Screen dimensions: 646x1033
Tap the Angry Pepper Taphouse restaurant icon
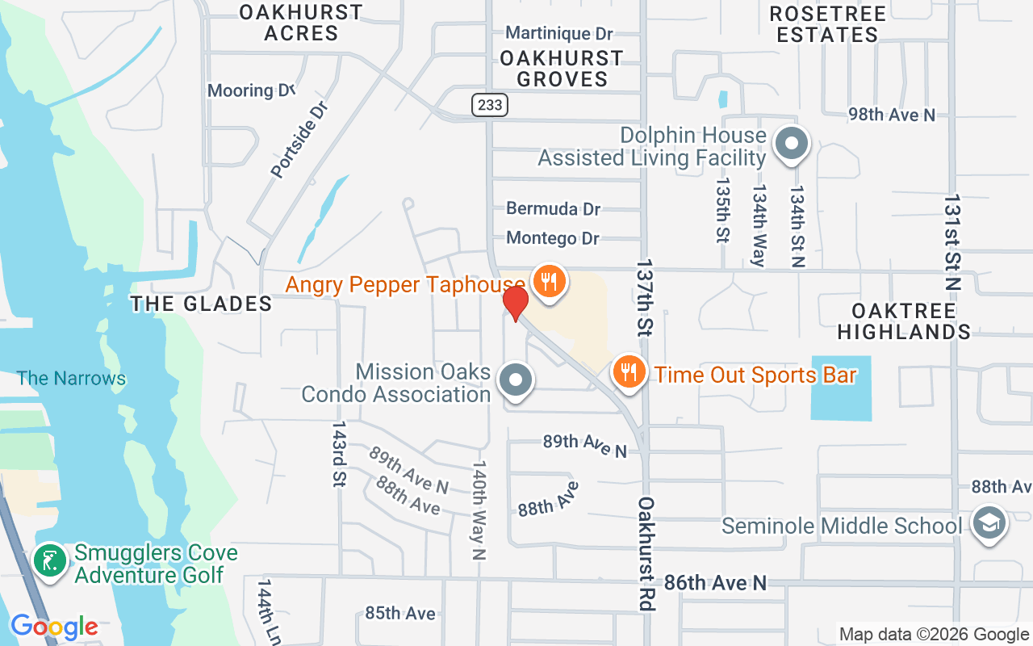(x=549, y=282)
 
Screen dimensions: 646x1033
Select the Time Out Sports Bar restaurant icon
(x=629, y=372)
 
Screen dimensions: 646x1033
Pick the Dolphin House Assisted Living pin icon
(x=792, y=145)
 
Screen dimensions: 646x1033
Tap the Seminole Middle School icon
(x=988, y=523)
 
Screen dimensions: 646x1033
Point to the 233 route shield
(x=489, y=105)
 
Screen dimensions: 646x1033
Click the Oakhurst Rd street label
(x=645, y=553)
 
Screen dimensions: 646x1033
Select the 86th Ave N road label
(x=714, y=582)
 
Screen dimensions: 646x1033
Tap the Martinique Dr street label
(x=559, y=33)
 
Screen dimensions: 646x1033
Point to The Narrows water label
(x=72, y=378)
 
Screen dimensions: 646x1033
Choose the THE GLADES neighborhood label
(x=202, y=304)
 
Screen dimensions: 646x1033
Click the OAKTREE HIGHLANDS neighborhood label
(x=904, y=321)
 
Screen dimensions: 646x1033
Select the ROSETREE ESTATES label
(x=828, y=24)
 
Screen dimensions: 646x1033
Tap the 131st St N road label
(x=953, y=242)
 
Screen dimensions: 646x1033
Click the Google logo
(x=54, y=627)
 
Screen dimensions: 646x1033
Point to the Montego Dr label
(x=553, y=238)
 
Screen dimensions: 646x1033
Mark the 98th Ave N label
(x=892, y=115)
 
